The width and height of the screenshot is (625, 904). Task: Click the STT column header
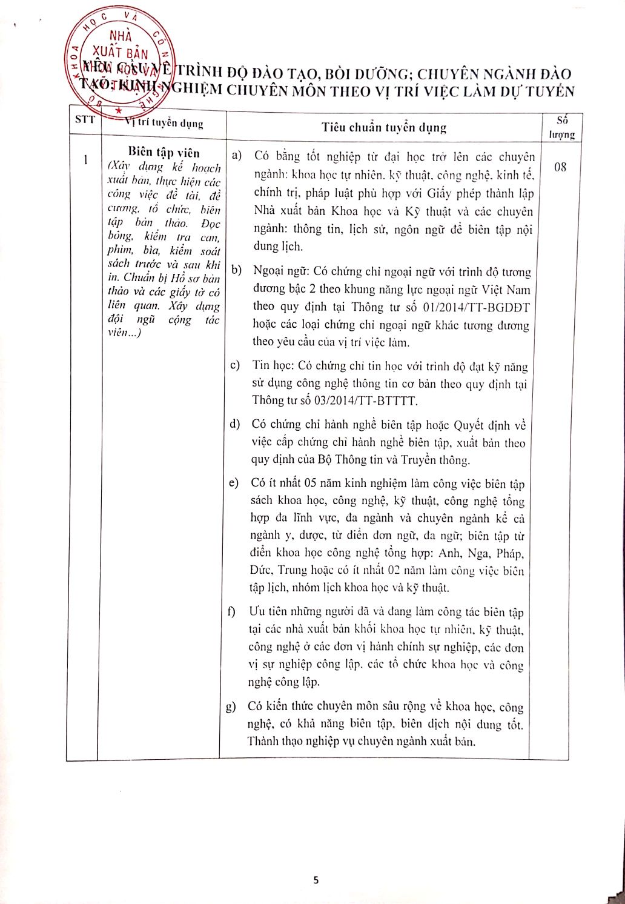(x=84, y=119)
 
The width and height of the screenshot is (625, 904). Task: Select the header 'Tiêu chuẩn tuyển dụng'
(x=384, y=127)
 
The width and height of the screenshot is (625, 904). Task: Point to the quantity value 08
(x=560, y=167)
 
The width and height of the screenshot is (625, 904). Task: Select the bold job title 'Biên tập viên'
(x=164, y=153)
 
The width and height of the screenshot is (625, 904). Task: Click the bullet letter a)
(x=237, y=156)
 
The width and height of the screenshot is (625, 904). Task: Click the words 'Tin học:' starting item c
(x=272, y=367)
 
